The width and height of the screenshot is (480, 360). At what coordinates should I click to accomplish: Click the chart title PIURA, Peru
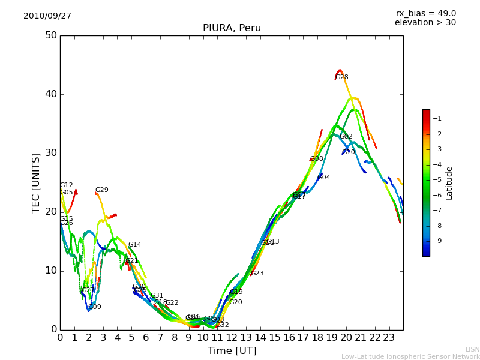click(232, 28)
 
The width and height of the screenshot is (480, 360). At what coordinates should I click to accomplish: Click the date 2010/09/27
click(47, 16)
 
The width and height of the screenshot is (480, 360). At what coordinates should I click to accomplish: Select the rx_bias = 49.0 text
click(425, 14)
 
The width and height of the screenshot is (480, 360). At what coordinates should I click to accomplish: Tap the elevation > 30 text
click(425, 23)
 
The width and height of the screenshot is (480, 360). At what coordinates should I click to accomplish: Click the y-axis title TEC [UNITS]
click(36, 182)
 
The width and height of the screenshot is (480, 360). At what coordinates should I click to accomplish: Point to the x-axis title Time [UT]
click(232, 351)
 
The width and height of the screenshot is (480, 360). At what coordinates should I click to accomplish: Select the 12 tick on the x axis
click(232, 337)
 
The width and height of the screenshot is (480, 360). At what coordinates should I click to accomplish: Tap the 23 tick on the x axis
click(389, 337)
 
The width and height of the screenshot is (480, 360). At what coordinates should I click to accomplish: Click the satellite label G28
click(342, 77)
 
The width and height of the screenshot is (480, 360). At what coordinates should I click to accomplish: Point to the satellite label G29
click(102, 190)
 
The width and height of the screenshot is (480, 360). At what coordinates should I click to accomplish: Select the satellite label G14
click(135, 245)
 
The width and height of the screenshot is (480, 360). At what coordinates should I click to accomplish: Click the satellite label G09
click(95, 307)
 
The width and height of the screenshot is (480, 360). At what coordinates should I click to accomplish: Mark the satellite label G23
click(257, 274)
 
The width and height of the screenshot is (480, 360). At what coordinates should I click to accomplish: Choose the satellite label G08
click(317, 159)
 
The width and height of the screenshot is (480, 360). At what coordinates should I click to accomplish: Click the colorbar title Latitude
click(449, 183)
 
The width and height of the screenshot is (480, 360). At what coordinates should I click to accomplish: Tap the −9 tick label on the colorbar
click(437, 241)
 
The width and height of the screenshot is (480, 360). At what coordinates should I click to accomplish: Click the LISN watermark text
click(472, 349)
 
